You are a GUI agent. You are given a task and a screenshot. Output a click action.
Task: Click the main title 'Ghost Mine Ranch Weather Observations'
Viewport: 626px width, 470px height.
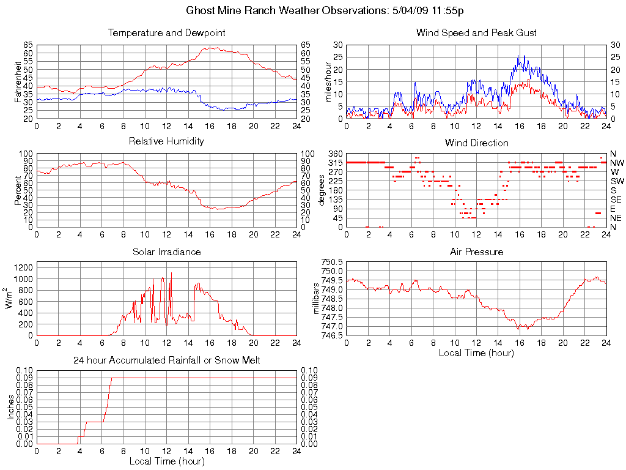coord(328,10)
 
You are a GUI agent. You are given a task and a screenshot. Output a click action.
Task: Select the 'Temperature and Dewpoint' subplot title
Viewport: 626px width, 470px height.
coord(166,33)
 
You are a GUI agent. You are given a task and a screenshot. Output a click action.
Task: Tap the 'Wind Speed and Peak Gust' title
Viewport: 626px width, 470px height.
coord(476,33)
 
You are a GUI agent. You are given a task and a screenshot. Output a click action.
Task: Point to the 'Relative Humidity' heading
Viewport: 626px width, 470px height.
coord(166,142)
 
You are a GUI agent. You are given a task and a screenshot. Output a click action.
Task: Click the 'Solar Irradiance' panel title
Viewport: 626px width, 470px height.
coord(166,252)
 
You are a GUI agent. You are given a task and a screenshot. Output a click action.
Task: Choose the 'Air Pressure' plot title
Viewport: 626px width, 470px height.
coord(476,252)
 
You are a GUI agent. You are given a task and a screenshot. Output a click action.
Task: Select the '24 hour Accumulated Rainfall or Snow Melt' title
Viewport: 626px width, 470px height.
coord(166,360)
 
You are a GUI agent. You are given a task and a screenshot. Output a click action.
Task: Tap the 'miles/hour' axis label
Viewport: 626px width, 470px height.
coord(328,81)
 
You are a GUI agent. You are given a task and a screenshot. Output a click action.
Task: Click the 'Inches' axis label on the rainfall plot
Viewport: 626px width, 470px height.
coord(10,407)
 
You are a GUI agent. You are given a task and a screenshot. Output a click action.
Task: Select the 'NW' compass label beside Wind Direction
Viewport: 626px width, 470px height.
coord(617,163)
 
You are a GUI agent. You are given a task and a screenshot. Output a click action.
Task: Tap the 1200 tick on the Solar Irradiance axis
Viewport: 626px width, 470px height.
coord(24,267)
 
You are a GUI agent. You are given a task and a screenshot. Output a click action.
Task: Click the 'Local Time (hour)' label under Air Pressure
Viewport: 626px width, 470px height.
coord(476,352)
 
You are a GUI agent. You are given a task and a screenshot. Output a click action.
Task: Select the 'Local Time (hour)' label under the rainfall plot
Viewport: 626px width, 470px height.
coord(166,461)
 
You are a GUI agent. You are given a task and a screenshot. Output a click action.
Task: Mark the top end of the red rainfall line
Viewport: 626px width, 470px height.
coord(112,378)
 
